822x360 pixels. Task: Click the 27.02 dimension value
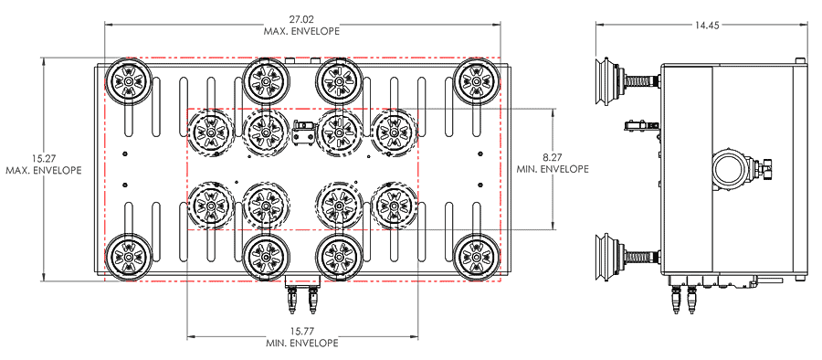(301, 19)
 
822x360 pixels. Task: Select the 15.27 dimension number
(44, 158)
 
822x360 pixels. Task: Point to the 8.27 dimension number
(553, 157)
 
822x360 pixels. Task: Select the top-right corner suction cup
(476, 81)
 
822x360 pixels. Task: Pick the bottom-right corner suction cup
(476, 257)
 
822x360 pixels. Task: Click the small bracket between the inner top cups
(303, 132)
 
